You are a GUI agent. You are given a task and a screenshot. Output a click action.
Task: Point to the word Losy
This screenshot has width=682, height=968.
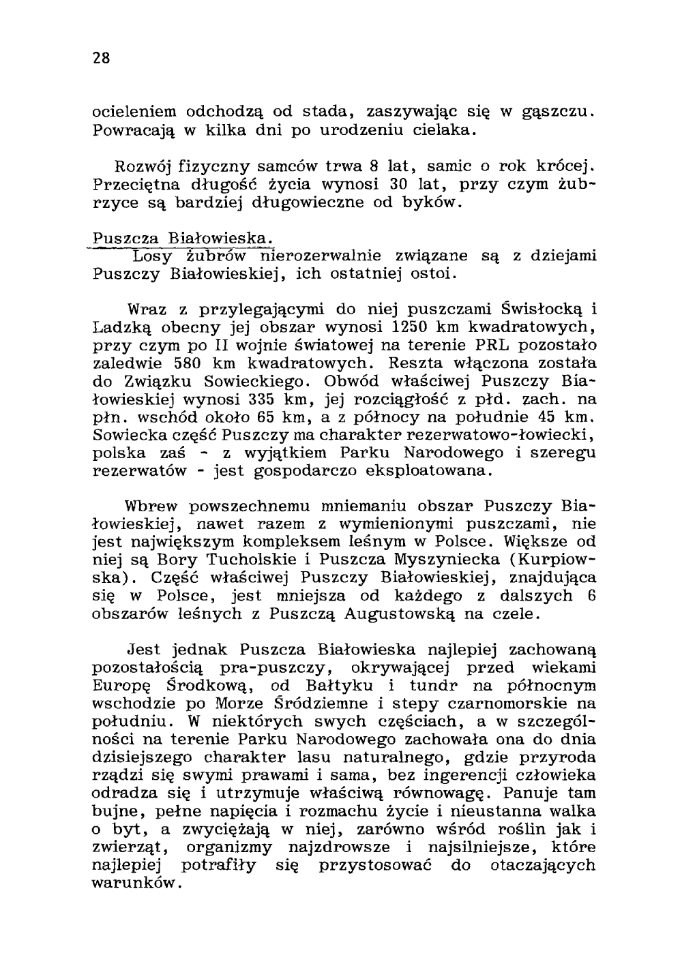[153, 256]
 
